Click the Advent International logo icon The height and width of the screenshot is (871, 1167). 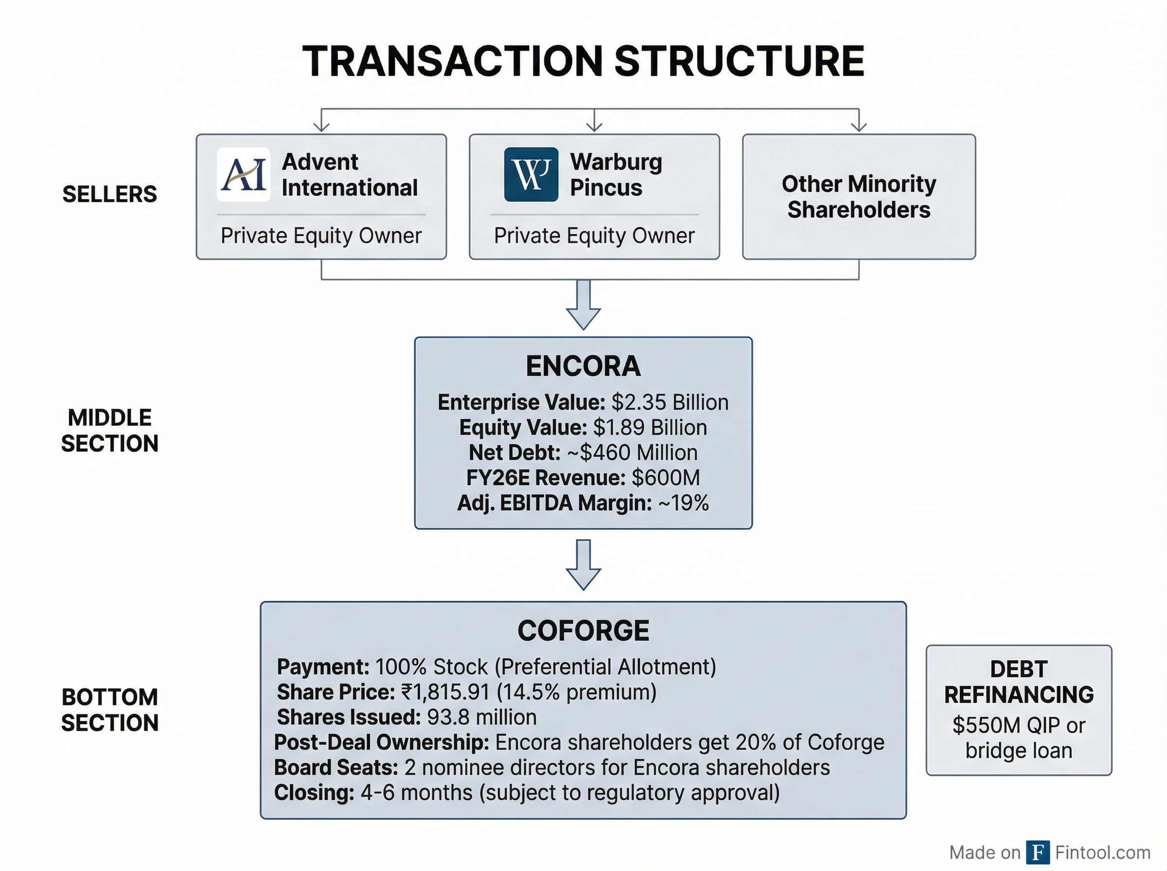pyautogui.click(x=243, y=174)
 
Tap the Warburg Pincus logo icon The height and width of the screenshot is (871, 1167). pyautogui.click(x=530, y=174)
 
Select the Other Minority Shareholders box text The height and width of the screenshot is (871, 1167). pyautogui.click(x=859, y=197)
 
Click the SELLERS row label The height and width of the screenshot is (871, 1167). pyautogui.click(x=110, y=194)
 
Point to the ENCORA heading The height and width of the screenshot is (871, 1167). pyautogui.click(x=583, y=366)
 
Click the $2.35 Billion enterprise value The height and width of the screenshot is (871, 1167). pyautogui.click(x=670, y=402)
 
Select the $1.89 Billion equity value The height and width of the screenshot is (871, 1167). pyautogui.click(x=650, y=428)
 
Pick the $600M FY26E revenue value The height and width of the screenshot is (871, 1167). pyautogui.click(x=666, y=478)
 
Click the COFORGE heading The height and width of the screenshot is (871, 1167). pyautogui.click(x=583, y=630)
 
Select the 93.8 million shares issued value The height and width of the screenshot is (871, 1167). pyautogui.click(x=481, y=717)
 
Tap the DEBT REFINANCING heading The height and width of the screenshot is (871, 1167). pyautogui.click(x=1018, y=682)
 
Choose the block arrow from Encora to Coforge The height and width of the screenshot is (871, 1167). pyautogui.click(x=583, y=564)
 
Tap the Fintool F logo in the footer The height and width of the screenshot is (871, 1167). pyautogui.click(x=1037, y=853)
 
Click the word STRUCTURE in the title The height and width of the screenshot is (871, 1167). pyautogui.click(x=739, y=61)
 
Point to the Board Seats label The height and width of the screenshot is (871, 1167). pyautogui.click(x=336, y=767)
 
